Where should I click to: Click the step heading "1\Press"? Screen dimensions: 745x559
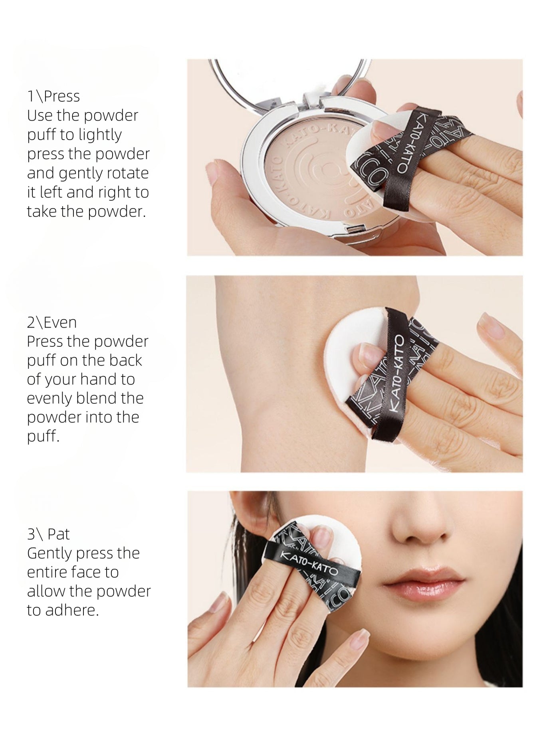pyautogui.click(x=54, y=96)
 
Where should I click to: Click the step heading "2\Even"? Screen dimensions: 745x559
pyautogui.click(x=52, y=322)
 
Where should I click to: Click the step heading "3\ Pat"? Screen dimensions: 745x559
pyautogui.click(x=48, y=534)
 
